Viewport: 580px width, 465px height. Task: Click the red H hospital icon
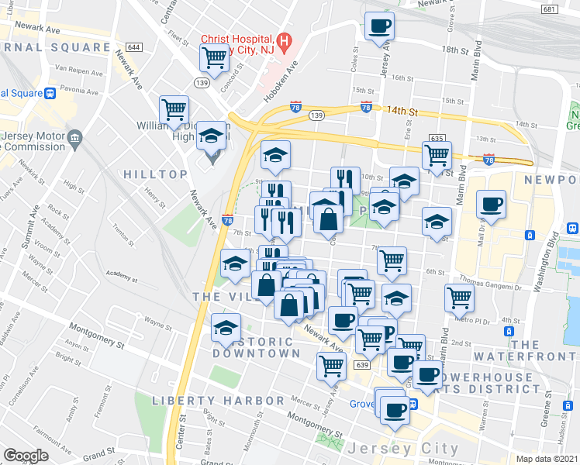[285, 40]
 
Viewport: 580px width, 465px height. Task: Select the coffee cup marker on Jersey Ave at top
[380, 26]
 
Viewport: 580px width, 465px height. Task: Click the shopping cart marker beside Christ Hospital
[214, 57]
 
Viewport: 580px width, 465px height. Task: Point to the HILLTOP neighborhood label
[155, 174]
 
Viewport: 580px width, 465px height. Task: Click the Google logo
[26, 456]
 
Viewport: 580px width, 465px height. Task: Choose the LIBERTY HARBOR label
[218, 400]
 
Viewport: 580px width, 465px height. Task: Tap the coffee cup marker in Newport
[491, 205]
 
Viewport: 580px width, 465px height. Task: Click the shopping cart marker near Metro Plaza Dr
[460, 298]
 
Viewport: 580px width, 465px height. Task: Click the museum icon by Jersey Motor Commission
[75, 139]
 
